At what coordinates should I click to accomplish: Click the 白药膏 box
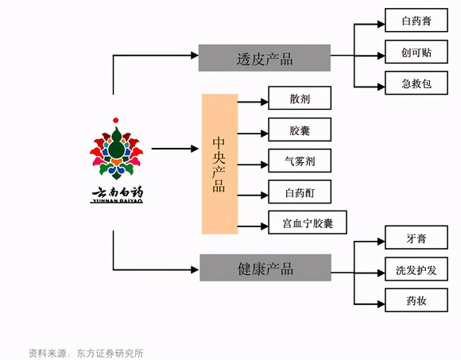click(x=416, y=20)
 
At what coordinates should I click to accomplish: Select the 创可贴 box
click(x=416, y=52)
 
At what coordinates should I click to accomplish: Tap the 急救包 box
click(x=416, y=83)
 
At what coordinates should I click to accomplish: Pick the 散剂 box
click(x=300, y=98)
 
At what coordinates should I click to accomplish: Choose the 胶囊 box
click(x=300, y=130)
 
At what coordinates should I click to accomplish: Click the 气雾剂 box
click(x=300, y=161)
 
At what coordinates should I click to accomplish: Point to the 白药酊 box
click(x=300, y=192)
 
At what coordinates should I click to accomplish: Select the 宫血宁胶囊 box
click(x=308, y=223)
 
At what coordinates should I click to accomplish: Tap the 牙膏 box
click(x=416, y=238)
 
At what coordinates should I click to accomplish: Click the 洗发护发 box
click(x=416, y=269)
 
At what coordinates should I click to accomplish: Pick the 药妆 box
click(x=416, y=300)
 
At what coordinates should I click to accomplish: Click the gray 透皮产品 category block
click(x=265, y=58)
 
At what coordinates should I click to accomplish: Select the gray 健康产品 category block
click(x=265, y=268)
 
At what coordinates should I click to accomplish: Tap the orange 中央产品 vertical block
click(x=219, y=164)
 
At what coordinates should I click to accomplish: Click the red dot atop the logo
click(x=116, y=120)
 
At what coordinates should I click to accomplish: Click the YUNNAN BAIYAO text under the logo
click(x=116, y=201)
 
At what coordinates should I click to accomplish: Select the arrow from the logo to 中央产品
click(x=175, y=149)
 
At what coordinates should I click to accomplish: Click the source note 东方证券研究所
click(x=110, y=353)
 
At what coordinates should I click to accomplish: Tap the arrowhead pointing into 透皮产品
click(x=195, y=56)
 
